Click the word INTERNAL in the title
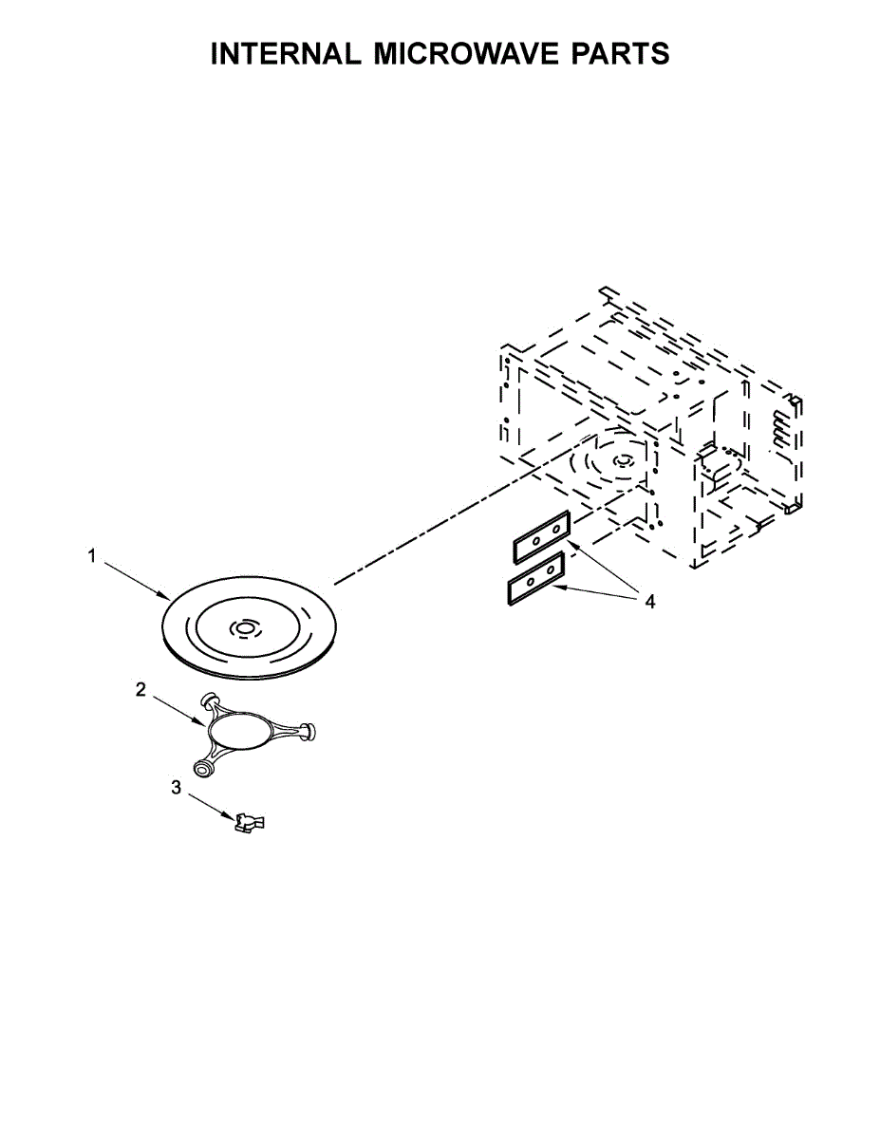coord(286,53)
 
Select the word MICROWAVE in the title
coord(466,53)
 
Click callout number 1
coord(92,555)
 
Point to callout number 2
coord(140,689)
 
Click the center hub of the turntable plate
coord(244,628)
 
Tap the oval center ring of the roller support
coord(239,729)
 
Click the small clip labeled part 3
coord(250,822)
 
